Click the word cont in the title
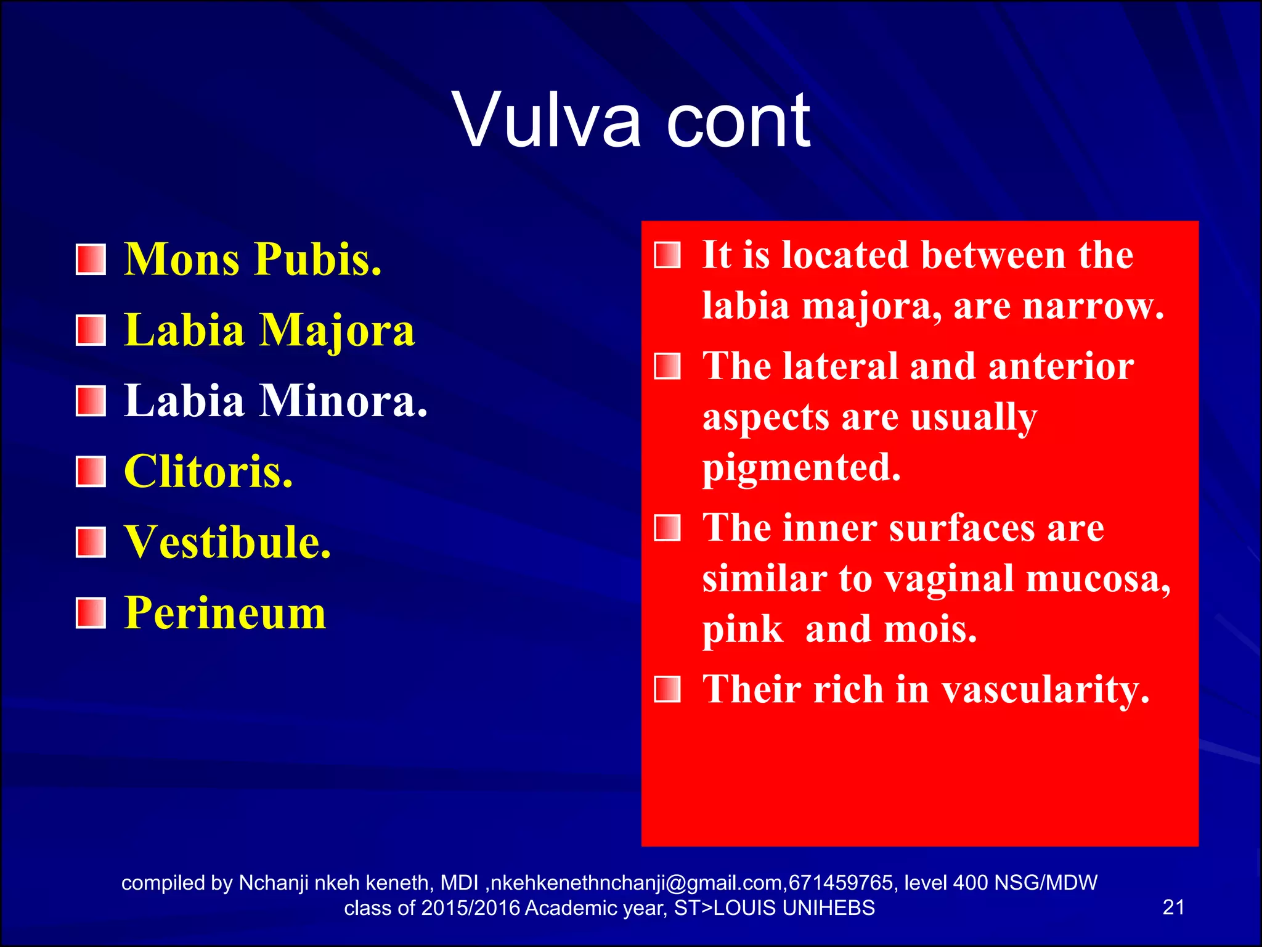click(738, 120)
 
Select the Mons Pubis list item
click(253, 259)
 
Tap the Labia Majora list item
click(269, 330)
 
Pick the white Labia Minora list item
click(275, 401)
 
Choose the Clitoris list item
click(208, 472)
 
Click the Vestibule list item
click(227, 543)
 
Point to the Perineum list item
click(225, 613)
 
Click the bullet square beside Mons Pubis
click(91, 260)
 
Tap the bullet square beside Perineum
click(91, 613)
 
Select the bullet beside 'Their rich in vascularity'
click(667, 689)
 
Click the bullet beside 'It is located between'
click(667, 255)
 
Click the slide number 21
click(1173, 908)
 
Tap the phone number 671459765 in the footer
click(841, 883)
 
